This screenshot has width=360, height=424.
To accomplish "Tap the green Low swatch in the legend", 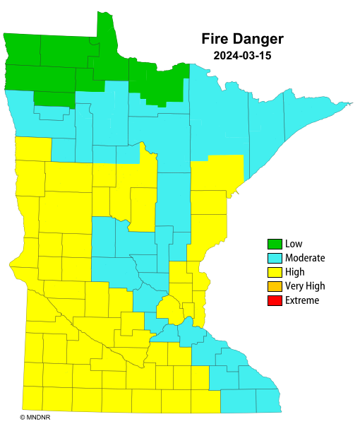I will (275, 244).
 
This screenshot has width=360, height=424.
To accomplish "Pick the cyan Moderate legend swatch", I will (275, 258).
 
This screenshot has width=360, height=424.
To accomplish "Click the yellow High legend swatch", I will (275, 272).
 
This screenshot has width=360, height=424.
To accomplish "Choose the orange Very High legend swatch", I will (275, 286).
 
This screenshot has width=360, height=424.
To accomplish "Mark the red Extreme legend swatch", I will (275, 300).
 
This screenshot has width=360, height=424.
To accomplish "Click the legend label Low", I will (294, 244).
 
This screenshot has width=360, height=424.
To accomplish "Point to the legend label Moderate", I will (305, 258).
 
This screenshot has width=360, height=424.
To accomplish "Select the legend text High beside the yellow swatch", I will (295, 272).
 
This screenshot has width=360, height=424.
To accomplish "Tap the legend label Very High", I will (305, 286).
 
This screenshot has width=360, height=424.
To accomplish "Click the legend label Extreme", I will (302, 300).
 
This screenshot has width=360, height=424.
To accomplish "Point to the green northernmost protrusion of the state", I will (105, 35).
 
